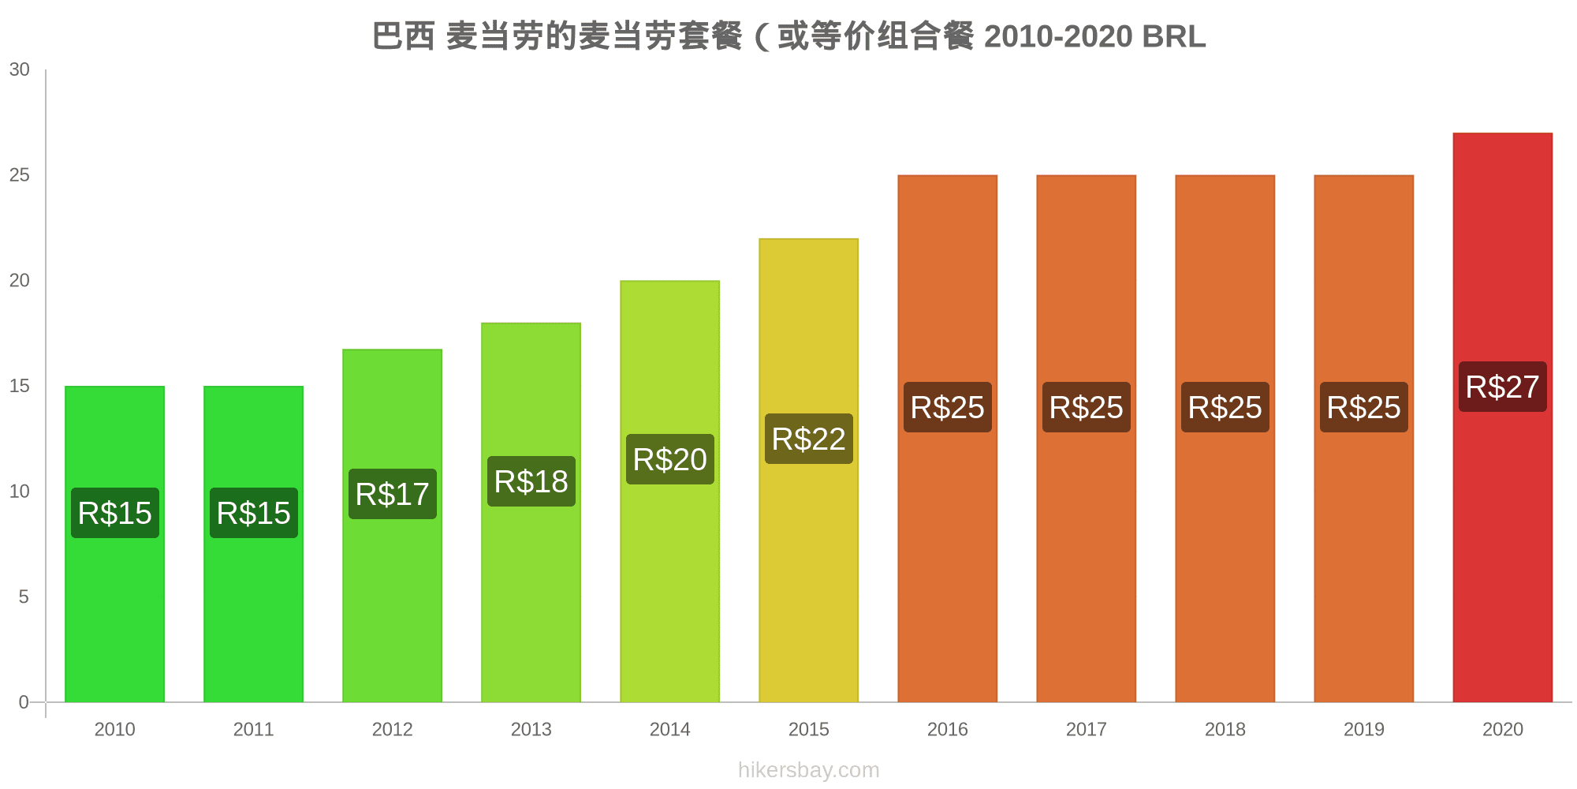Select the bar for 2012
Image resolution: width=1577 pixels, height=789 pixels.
tap(392, 600)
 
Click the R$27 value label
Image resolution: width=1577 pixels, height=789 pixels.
tap(1502, 387)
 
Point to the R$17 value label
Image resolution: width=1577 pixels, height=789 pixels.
tap(392, 494)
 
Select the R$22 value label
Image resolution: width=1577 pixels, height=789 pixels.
tap(808, 439)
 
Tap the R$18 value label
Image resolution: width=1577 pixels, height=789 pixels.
tap(531, 481)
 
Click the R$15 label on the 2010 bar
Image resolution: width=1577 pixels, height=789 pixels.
tap(114, 513)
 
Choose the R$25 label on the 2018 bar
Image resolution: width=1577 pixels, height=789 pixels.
tap(1225, 407)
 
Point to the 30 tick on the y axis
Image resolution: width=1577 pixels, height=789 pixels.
tap(20, 69)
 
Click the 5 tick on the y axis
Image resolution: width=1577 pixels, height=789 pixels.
tap(24, 596)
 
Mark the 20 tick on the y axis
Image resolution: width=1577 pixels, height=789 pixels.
tap(20, 280)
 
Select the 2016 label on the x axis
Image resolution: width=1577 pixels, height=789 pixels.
tap(947, 729)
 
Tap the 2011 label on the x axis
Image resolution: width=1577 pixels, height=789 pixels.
tap(253, 729)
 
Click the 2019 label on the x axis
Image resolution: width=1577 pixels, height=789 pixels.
tap(1363, 729)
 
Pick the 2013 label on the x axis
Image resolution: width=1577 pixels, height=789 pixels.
tap(531, 729)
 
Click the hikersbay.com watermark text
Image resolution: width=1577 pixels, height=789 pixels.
tap(808, 770)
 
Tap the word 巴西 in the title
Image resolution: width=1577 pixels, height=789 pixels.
tap(403, 36)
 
